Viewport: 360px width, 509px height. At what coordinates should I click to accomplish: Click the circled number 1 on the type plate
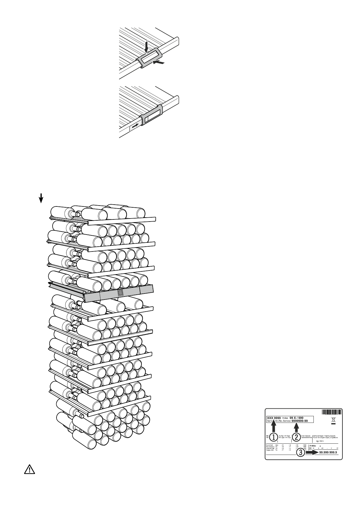coord(274,437)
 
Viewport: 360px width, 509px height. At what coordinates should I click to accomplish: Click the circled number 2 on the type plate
coord(297,437)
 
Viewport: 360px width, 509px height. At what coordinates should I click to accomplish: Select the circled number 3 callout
coord(300,452)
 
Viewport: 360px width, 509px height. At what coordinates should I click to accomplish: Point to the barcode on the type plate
coord(332,412)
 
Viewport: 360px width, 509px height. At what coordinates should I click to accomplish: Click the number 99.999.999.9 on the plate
coord(328,452)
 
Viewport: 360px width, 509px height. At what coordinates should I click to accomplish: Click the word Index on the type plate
coord(287,417)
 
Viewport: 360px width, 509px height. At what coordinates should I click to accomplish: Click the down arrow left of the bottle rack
coord(41,199)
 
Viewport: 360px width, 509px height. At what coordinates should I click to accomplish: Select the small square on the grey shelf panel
coord(120,293)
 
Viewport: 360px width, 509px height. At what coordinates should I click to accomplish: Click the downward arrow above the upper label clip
coord(147,47)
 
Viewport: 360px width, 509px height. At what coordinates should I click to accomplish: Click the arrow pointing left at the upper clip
coord(160,62)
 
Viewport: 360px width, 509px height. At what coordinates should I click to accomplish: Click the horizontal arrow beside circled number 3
coord(312,452)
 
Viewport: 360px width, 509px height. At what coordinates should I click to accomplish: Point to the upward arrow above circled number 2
coord(297,427)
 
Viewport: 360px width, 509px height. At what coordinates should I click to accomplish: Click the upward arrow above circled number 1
coord(274,427)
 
